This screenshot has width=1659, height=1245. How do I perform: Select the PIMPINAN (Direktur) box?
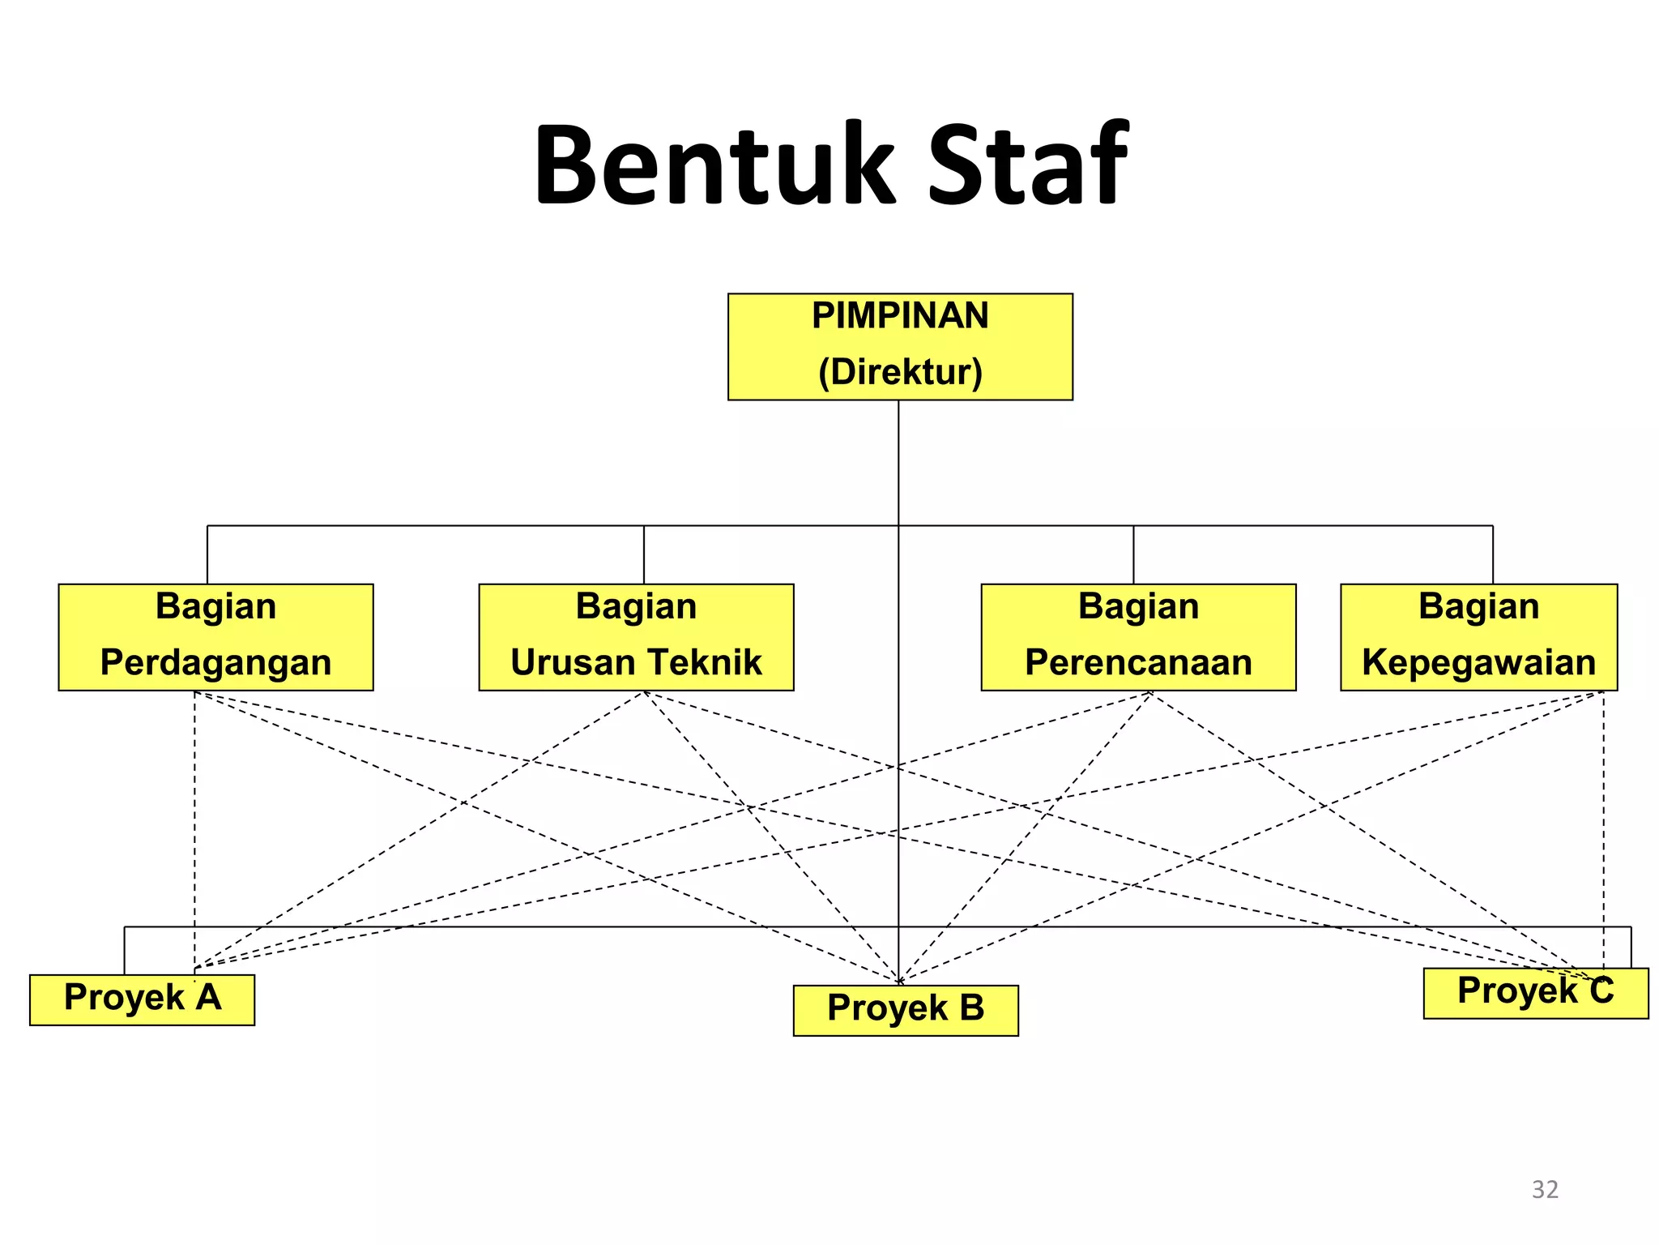tap(900, 346)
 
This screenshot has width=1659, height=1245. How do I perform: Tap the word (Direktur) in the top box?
tap(900, 372)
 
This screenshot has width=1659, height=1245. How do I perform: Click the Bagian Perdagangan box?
tap(215, 636)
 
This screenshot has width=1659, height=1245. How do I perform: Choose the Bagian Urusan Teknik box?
tap(636, 636)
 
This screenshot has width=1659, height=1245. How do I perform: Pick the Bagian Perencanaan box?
tap(1138, 636)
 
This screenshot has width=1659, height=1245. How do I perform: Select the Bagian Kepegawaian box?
tap(1478, 636)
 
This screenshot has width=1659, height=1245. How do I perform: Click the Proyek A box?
tap(142, 999)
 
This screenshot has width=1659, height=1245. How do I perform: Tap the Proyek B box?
tap(906, 1010)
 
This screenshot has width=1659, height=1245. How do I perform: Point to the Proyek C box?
tap(1535, 993)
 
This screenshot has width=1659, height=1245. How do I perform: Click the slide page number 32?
tap(1545, 1190)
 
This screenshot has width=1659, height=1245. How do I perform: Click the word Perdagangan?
tap(215, 662)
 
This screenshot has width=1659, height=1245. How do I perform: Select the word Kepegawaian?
tap(1478, 662)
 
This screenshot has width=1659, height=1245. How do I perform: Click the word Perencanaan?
tap(1138, 662)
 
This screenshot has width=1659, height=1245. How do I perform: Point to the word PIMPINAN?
tap(900, 315)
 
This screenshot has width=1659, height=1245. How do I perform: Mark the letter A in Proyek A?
tap(208, 997)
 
